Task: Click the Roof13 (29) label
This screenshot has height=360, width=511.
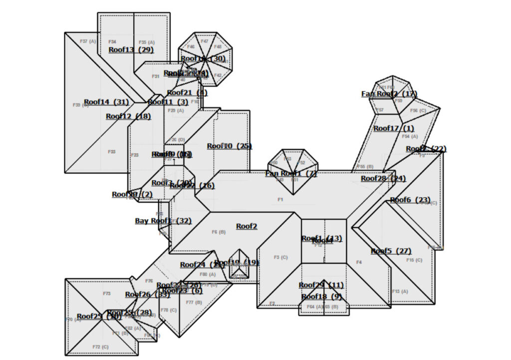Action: tap(131, 49)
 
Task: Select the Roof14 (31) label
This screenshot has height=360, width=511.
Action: tap(106, 102)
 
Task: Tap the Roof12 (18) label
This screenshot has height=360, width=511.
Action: tap(128, 116)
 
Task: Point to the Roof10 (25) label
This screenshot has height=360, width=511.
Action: tap(230, 146)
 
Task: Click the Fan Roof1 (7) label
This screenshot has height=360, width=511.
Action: tap(291, 173)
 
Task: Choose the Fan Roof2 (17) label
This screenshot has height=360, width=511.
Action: tap(389, 94)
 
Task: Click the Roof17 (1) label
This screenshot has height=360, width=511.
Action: tap(394, 128)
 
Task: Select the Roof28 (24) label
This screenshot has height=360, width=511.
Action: tap(383, 178)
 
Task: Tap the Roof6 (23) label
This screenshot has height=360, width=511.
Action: tap(410, 200)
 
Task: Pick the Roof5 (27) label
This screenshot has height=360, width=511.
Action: tap(391, 251)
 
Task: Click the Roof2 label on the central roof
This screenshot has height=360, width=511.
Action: tap(247, 226)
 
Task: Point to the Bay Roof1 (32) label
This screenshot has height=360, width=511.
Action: tap(163, 220)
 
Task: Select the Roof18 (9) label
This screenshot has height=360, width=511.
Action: tap(321, 297)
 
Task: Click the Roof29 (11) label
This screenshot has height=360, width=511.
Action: tap(321, 285)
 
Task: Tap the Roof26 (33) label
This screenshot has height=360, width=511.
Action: tap(147, 295)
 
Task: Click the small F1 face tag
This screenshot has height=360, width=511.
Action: tap(280, 200)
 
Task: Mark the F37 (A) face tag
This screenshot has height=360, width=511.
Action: tap(88, 41)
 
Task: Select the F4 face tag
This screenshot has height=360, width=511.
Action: tap(359, 262)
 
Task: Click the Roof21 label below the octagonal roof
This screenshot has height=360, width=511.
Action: tap(187, 92)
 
